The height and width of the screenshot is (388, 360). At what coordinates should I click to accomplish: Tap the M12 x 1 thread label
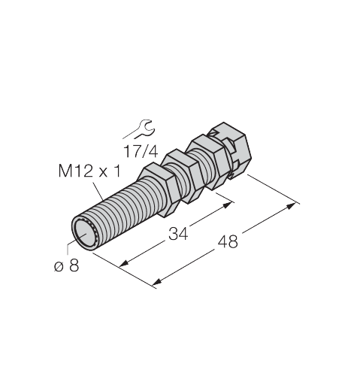(x=89, y=172)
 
